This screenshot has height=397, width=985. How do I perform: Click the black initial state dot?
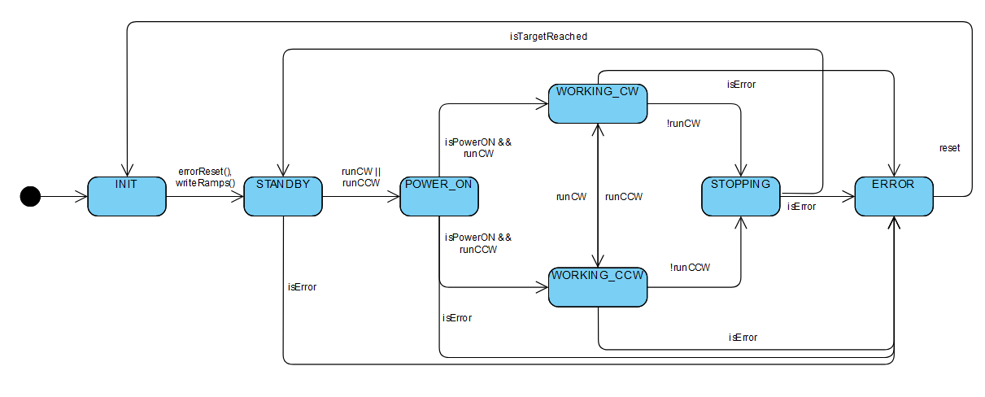[x=30, y=196]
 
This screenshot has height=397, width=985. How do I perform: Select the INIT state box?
[x=126, y=196]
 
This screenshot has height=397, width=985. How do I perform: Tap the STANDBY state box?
[x=282, y=196]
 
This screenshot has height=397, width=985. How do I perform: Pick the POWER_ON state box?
[x=438, y=196]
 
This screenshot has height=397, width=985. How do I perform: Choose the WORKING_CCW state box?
[x=598, y=287]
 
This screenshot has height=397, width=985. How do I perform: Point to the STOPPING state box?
[x=740, y=196]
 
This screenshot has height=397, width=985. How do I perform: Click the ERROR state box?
[x=894, y=196]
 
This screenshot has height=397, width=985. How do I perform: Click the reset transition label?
[x=949, y=148]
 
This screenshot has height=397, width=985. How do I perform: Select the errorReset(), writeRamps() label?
[x=205, y=177]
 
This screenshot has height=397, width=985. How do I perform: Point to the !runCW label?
[x=684, y=124]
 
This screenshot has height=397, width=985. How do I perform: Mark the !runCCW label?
[x=690, y=267]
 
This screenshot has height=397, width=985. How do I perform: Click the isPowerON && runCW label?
[x=477, y=147]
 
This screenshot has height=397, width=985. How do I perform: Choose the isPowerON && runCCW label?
[x=477, y=243]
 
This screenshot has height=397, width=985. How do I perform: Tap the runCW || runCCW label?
[x=361, y=177]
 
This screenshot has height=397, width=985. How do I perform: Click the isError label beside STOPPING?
[x=802, y=207]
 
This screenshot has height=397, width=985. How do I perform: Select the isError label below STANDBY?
[x=302, y=286]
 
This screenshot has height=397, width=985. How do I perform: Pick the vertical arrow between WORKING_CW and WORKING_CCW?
[x=598, y=195]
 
